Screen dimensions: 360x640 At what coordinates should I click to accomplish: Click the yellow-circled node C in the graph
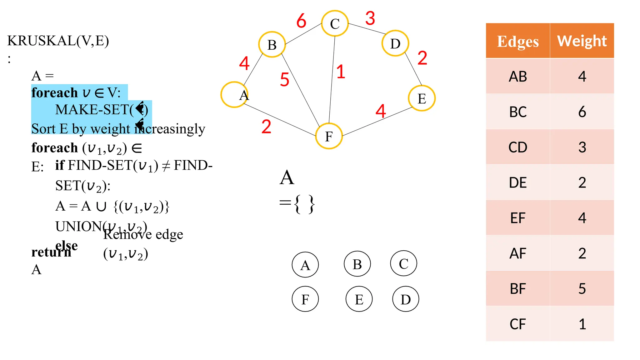pyautogui.click(x=335, y=23)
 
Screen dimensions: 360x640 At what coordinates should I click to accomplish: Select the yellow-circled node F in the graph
pyautogui.click(x=329, y=136)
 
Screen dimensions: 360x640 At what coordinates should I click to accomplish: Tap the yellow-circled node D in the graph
pyautogui.click(x=395, y=43)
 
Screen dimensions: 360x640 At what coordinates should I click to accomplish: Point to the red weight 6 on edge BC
pyautogui.click(x=301, y=21)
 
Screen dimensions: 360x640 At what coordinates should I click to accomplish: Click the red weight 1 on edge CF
pyautogui.click(x=341, y=72)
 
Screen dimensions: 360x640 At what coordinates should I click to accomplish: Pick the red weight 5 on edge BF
pyautogui.click(x=284, y=79)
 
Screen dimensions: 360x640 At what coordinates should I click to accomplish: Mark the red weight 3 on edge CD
pyautogui.click(x=370, y=18)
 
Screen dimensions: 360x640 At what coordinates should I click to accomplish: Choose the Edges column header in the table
pyautogui.click(x=517, y=41)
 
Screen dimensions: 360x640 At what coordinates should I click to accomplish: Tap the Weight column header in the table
pyautogui.click(x=582, y=41)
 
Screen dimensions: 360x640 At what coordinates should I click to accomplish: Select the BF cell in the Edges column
pyautogui.click(x=517, y=288)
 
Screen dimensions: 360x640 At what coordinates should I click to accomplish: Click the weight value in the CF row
pyautogui.click(x=582, y=324)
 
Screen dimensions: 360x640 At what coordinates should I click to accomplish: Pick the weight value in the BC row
pyautogui.click(x=582, y=112)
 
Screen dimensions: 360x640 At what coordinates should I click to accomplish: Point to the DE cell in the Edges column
pyautogui.click(x=517, y=182)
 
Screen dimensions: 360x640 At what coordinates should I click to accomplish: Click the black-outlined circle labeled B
pyautogui.click(x=357, y=264)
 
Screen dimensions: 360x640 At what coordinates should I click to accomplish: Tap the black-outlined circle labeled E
pyautogui.click(x=359, y=299)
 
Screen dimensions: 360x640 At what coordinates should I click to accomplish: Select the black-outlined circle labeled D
pyautogui.click(x=406, y=299)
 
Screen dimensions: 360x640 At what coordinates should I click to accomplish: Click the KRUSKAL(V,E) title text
pyautogui.click(x=58, y=41)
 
